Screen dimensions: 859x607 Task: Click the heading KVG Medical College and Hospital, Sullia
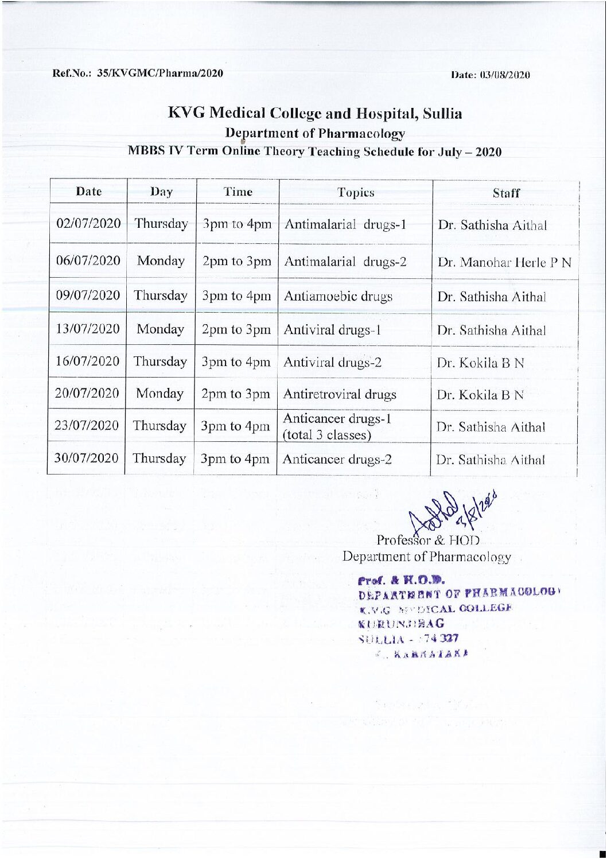[314, 113]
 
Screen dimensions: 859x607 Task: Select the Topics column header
[356, 193]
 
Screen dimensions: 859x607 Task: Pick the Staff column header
[505, 193]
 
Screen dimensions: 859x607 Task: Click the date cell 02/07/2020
[88, 224]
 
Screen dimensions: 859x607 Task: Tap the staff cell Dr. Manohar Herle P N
[504, 263]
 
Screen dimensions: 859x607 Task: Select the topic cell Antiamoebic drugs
[338, 297]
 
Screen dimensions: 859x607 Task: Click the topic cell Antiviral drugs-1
[333, 330]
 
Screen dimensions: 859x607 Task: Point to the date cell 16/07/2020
[88, 362]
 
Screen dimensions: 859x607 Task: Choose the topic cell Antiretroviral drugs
[340, 394]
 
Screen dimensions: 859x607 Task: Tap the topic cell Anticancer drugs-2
[337, 459]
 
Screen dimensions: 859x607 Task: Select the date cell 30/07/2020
[87, 458]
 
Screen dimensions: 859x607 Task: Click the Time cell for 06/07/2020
[236, 262]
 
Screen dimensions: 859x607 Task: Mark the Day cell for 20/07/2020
[159, 394]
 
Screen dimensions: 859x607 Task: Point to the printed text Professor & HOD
[427, 540]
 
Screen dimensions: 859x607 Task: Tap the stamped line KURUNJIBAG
[400, 623]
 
